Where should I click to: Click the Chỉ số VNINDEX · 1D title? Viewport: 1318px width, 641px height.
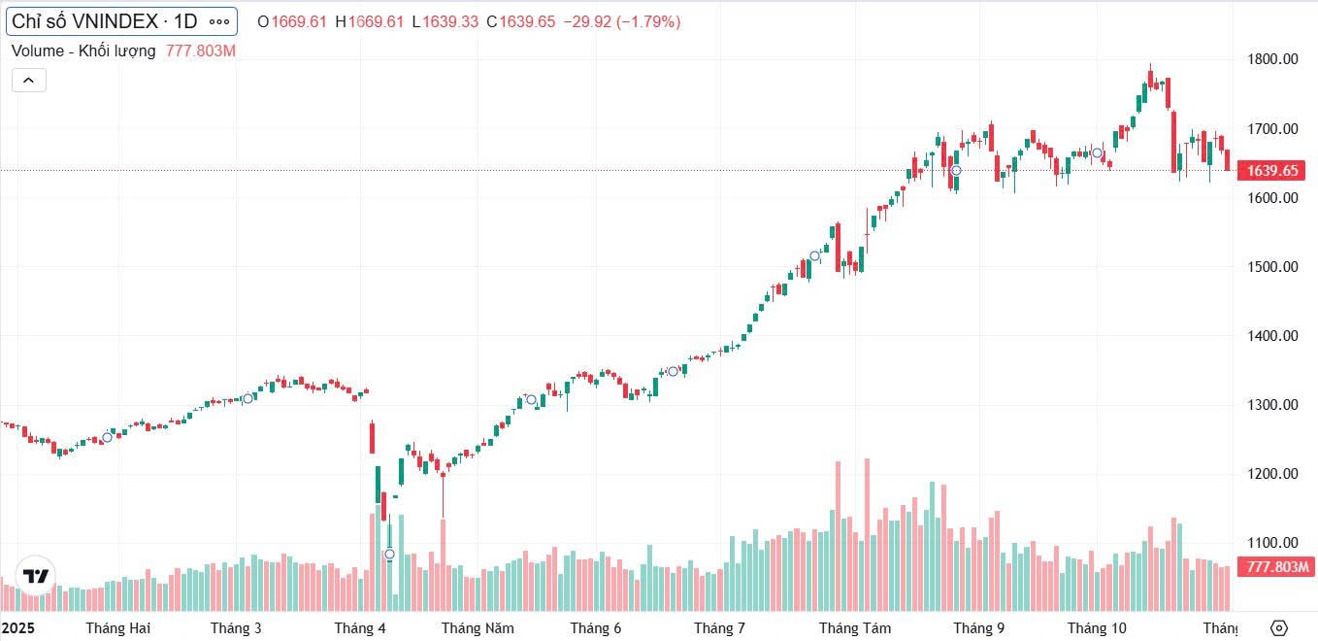click(x=105, y=21)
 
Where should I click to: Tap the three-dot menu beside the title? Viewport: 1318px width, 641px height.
click(x=220, y=21)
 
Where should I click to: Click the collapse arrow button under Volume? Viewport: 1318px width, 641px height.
click(x=28, y=80)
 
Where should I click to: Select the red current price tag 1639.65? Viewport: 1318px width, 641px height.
click(x=1272, y=171)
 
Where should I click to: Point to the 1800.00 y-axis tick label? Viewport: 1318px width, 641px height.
click(x=1272, y=59)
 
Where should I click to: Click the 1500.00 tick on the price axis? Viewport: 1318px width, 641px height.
click(x=1272, y=267)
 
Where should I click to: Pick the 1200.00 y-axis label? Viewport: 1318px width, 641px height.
click(x=1272, y=474)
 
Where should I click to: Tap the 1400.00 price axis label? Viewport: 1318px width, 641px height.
click(x=1272, y=336)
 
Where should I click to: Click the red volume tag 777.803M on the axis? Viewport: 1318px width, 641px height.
click(x=1278, y=567)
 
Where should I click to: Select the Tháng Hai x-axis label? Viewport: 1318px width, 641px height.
click(x=118, y=628)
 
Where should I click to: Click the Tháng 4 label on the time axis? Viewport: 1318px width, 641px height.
click(x=360, y=628)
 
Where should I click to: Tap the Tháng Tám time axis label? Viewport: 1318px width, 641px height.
click(x=855, y=628)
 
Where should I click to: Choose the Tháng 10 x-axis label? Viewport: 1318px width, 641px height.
click(x=1097, y=628)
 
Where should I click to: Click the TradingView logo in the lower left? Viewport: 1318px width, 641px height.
click(x=36, y=576)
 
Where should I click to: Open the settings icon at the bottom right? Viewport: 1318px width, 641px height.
click(x=1278, y=627)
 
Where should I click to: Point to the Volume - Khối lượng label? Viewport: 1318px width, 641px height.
click(x=83, y=51)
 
